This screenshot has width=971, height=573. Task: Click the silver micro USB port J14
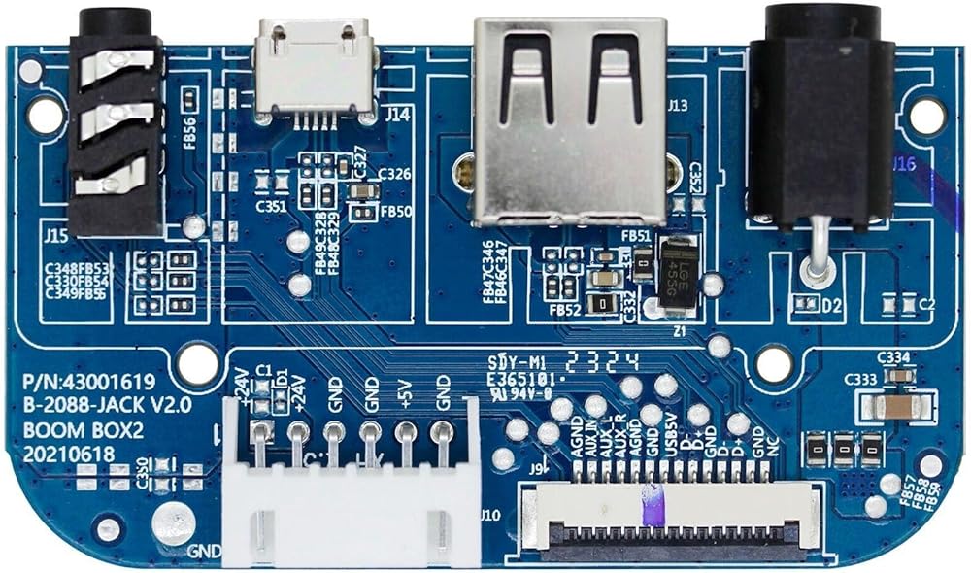313,68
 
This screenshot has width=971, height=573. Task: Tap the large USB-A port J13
570,117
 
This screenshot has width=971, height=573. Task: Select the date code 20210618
62,454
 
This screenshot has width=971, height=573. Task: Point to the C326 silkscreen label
394,175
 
